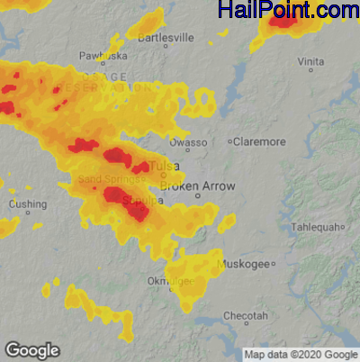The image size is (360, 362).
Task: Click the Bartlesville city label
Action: coord(166,38)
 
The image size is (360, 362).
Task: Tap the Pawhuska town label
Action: coord(102,56)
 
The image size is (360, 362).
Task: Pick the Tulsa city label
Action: coord(163,167)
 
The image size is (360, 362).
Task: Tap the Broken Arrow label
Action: coord(197,186)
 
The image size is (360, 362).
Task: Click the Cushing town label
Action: coord(27,204)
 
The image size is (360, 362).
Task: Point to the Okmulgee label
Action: coord(171,282)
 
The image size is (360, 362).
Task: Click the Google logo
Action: coord(31,350)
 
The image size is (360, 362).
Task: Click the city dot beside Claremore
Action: coord(229,141)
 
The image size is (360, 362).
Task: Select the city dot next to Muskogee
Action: coord(273,264)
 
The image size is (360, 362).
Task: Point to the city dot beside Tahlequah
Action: coord(343,227)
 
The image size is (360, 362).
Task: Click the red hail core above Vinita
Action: coord(283,19)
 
